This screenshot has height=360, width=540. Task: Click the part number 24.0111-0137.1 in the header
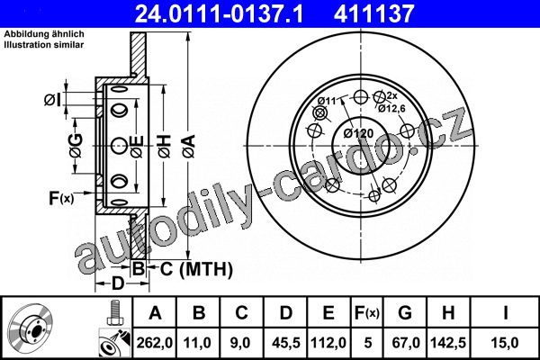coord(219,14)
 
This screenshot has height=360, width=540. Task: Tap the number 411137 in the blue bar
coord(373,14)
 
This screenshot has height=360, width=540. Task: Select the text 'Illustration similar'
coord(44,45)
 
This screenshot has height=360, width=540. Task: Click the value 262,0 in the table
coord(154,343)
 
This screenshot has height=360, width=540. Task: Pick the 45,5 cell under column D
coord(286,343)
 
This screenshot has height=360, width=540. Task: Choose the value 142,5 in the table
coord(448,343)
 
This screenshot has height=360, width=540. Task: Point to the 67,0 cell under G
coord(405,343)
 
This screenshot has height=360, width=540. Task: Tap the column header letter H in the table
coord(448,313)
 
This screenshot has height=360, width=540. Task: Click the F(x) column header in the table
coord(367,313)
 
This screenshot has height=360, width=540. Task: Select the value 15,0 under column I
coord(505,343)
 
